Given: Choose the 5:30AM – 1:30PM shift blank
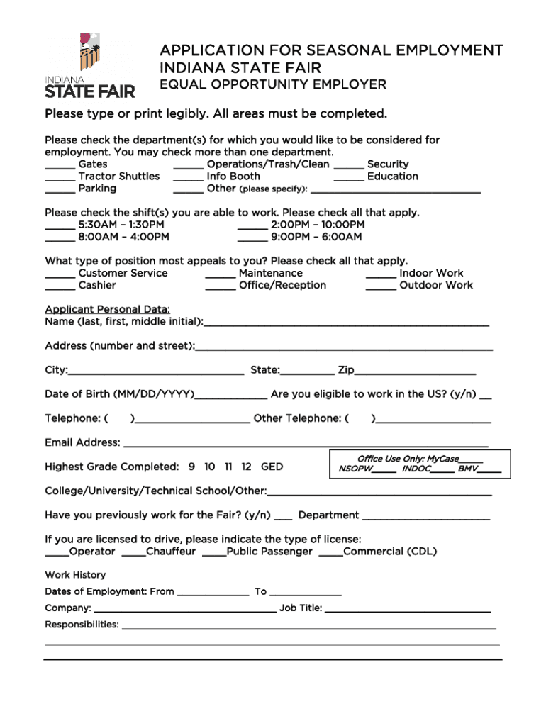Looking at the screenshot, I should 60,228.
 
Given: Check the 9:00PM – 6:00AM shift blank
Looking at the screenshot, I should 252,240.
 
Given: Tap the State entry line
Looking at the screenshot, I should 307,372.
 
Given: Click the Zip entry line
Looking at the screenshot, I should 415,372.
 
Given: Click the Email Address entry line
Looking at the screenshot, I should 305,446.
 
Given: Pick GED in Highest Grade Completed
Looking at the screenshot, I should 272,467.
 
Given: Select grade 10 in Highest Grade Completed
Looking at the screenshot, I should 210,467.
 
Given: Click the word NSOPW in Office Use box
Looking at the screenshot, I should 355,469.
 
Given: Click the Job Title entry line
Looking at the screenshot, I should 407,610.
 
